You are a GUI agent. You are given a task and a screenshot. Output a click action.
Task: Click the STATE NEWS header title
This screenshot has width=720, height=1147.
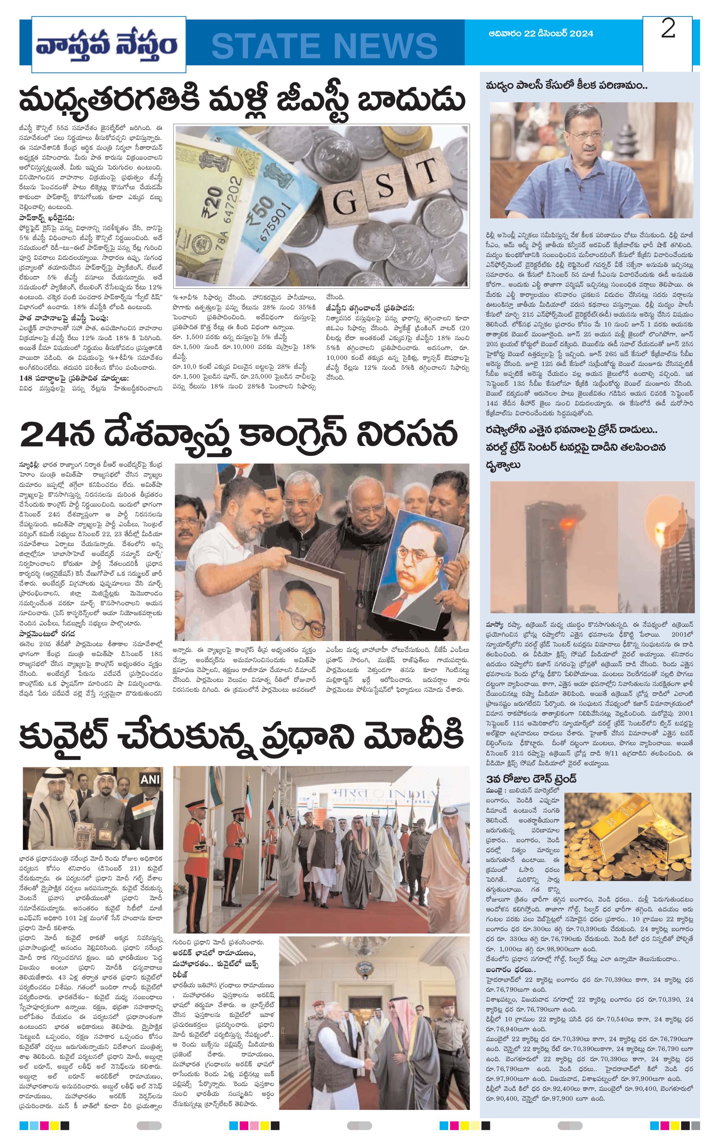[x=324, y=45]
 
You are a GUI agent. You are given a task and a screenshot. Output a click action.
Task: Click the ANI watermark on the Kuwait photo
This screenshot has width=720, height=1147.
[x=149, y=780]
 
